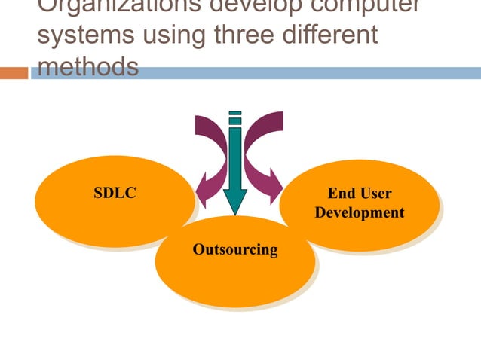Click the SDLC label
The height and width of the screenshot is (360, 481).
[x=115, y=194]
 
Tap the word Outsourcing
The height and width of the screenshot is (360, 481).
[x=235, y=249]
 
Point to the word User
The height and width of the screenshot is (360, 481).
[x=375, y=194]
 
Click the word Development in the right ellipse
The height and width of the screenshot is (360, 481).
[x=360, y=213]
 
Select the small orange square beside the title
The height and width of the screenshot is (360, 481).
[x=14, y=73]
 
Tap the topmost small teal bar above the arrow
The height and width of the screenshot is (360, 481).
[x=235, y=113]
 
